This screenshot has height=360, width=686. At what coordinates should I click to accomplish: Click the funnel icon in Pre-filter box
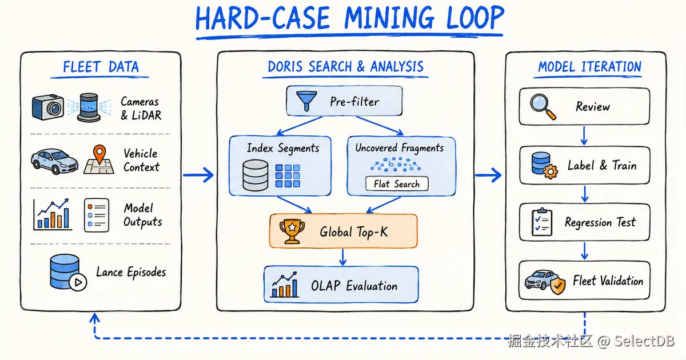click(x=306, y=101)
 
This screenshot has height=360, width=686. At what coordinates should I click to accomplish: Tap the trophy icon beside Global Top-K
click(x=292, y=231)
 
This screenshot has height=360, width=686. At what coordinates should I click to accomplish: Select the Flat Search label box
click(x=397, y=184)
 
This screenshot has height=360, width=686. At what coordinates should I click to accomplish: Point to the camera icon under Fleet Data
click(x=48, y=107)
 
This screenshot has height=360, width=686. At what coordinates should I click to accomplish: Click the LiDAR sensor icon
click(x=89, y=107)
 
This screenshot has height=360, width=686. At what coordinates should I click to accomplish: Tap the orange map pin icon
click(x=99, y=154)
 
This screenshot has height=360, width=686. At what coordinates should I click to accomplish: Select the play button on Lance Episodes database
click(x=78, y=282)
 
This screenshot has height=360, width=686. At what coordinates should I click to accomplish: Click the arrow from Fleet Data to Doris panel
click(x=198, y=175)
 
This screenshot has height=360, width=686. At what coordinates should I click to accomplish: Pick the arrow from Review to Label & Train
click(x=584, y=135)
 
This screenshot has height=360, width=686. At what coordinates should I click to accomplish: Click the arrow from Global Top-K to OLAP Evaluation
click(x=342, y=257)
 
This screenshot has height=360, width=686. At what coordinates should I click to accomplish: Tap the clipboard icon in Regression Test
click(x=542, y=222)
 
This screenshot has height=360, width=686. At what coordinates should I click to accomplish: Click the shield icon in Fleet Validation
click(x=558, y=286)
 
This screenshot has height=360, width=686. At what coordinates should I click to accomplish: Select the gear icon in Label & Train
click(x=551, y=172)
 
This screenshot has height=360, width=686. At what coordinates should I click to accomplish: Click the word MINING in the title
click(x=389, y=18)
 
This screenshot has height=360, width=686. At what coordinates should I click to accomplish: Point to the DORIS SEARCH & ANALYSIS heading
click(x=345, y=67)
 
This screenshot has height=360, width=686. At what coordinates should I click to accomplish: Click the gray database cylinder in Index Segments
click(x=255, y=175)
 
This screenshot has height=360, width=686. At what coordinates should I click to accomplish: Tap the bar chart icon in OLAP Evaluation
click(x=285, y=285)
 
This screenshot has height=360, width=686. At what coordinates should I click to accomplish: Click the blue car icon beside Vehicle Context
click(x=54, y=161)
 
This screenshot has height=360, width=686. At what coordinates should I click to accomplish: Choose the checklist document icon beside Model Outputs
click(x=97, y=215)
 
